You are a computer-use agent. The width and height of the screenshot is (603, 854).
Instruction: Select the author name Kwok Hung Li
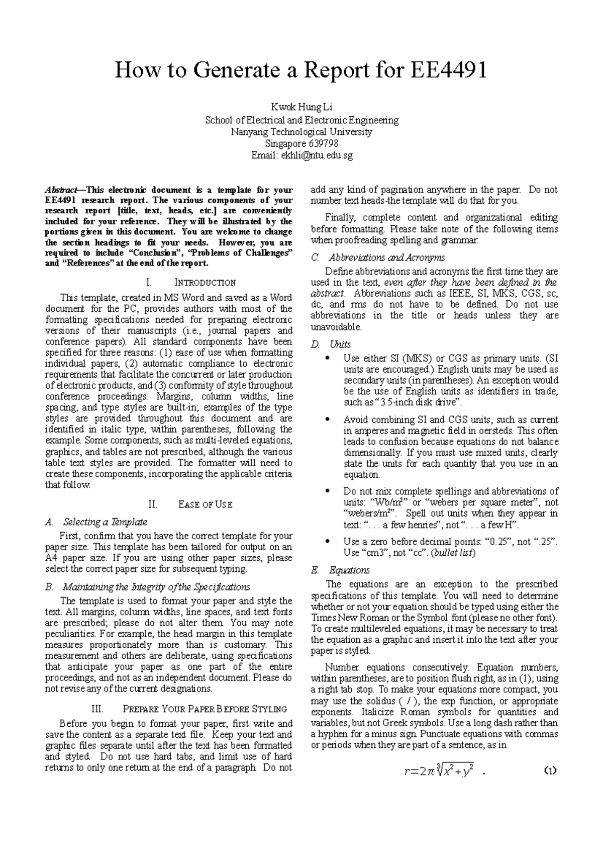(301, 107)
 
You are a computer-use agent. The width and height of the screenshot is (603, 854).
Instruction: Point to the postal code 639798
(323, 144)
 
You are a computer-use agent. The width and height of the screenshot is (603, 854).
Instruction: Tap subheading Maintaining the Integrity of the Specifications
(156, 587)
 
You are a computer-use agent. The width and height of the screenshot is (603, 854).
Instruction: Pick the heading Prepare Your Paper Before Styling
(205, 709)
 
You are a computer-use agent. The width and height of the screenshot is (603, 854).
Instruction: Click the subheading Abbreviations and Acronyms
(386, 258)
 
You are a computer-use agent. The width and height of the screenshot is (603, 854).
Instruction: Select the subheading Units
(340, 345)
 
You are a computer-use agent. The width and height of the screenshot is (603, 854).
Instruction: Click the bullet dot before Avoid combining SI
(328, 419)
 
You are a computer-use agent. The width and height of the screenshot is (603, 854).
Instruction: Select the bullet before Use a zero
(328, 542)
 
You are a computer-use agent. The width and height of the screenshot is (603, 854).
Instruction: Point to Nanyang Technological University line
(301, 132)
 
